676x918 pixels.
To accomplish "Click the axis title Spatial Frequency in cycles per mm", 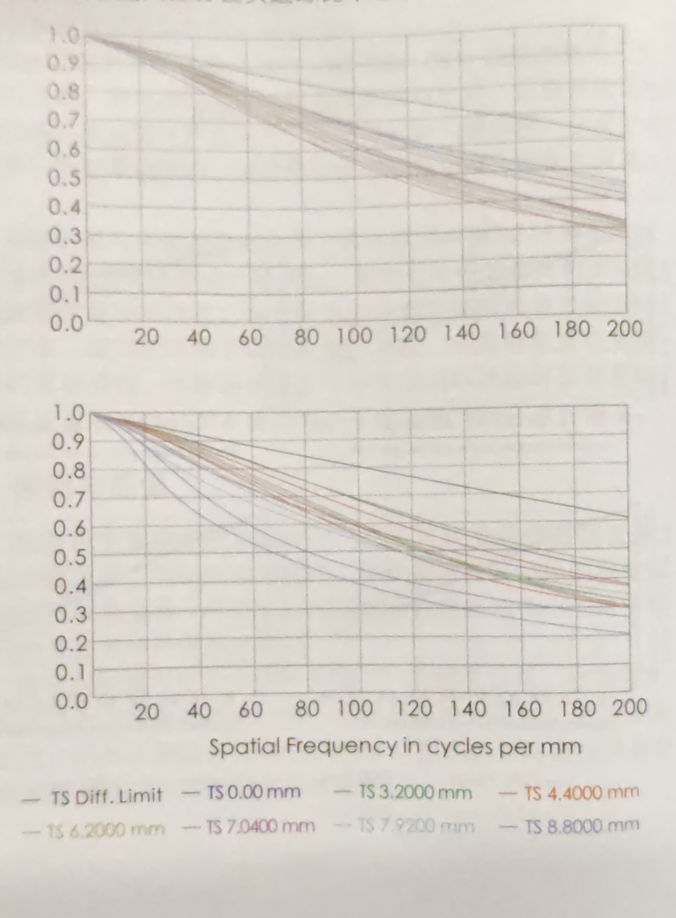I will coord(395,746).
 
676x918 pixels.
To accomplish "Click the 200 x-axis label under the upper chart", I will coord(624,329).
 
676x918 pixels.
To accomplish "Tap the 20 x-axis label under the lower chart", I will coord(146,712).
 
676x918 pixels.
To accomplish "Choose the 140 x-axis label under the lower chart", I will coord(468,709).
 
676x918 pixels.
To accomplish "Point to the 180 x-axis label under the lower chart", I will coord(578,709).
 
